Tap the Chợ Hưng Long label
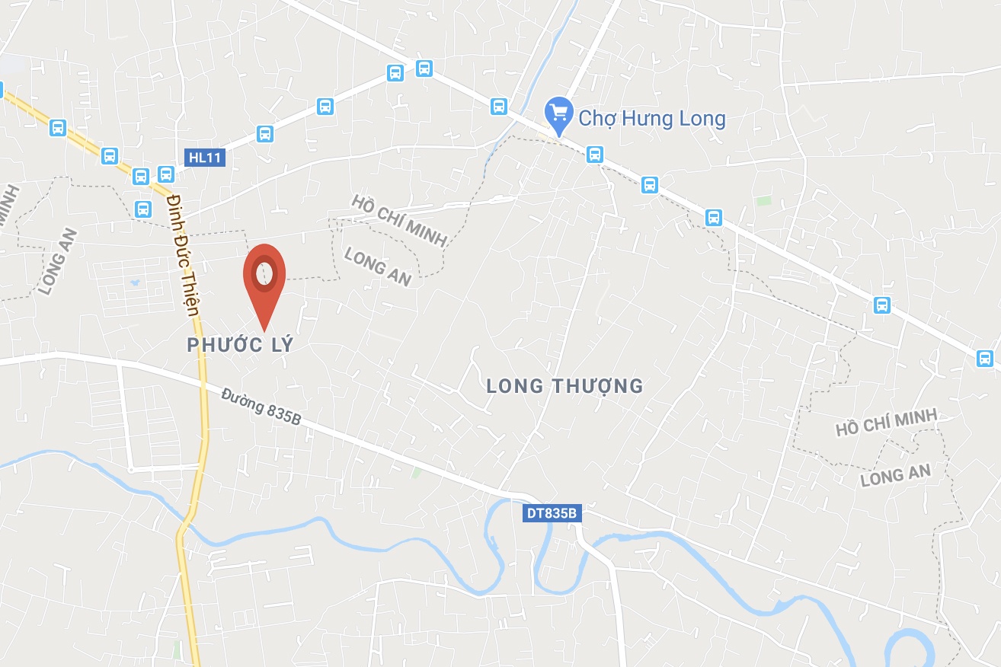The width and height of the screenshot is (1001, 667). pyautogui.click(x=652, y=119)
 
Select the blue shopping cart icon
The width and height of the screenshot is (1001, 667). pyautogui.click(x=559, y=113)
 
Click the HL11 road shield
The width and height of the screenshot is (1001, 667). pyautogui.click(x=205, y=158)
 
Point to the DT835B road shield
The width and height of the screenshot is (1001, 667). pyautogui.click(x=553, y=514)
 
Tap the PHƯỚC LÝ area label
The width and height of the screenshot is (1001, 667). pyautogui.click(x=240, y=345)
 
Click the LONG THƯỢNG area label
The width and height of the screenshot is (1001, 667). pyautogui.click(x=565, y=386)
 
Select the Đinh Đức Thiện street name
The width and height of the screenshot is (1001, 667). pyautogui.click(x=184, y=254)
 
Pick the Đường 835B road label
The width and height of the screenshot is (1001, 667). pyautogui.click(x=266, y=412)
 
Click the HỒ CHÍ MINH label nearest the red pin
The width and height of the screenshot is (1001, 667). pyautogui.click(x=398, y=220)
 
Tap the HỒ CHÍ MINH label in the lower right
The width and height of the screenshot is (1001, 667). pyautogui.click(x=886, y=423)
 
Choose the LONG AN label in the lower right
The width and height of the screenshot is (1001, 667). pyautogui.click(x=895, y=476)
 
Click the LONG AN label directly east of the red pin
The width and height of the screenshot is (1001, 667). pyautogui.click(x=378, y=267)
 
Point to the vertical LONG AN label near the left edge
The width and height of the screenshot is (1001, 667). pyautogui.click(x=59, y=261)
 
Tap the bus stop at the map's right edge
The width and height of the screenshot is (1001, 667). pyautogui.click(x=984, y=358)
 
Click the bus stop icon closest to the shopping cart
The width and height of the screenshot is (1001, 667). pyautogui.click(x=595, y=155)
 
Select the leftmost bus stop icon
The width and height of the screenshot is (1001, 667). pyautogui.click(x=58, y=127)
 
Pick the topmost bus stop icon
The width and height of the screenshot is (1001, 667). pyautogui.click(x=424, y=69)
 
